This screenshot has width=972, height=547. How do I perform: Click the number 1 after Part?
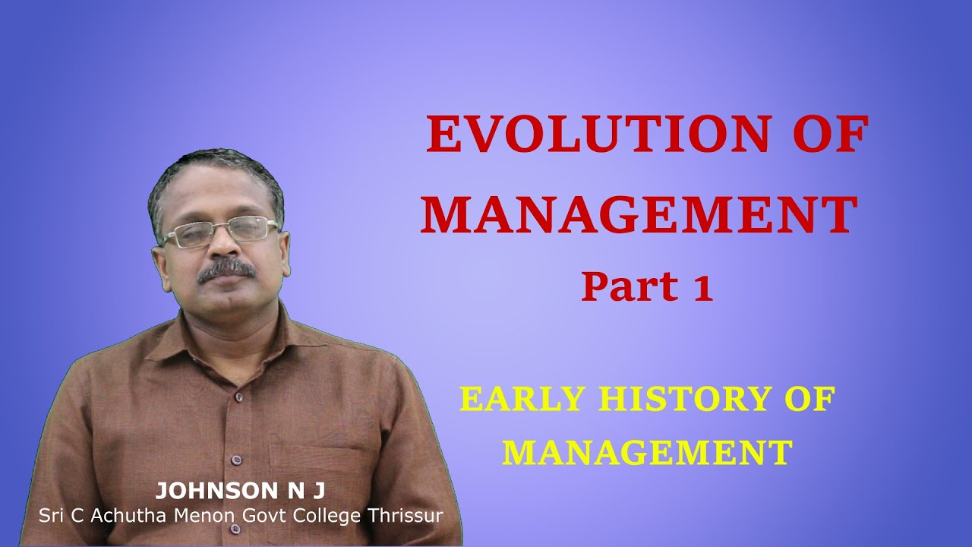pyautogui.click(x=702, y=289)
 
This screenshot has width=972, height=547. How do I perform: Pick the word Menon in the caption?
pyautogui.click(x=199, y=515)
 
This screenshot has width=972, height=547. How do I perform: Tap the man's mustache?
pyautogui.click(x=226, y=268)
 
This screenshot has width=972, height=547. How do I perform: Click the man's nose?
pyautogui.click(x=225, y=247)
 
